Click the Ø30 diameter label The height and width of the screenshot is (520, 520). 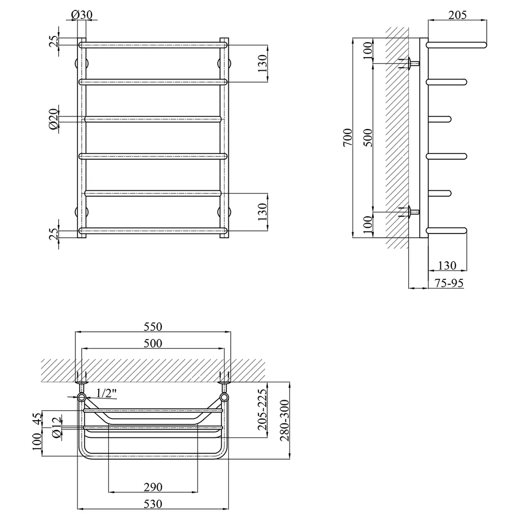[x=82, y=15]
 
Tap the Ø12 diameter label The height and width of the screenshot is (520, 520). [x=56, y=428]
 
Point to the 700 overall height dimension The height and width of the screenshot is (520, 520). [x=347, y=138]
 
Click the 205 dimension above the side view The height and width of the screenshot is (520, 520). [x=457, y=15]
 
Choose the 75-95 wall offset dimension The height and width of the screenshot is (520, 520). [x=449, y=283]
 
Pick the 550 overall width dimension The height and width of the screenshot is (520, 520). [x=153, y=327]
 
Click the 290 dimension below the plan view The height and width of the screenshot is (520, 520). [x=153, y=487]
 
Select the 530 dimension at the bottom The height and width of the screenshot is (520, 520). [x=153, y=504]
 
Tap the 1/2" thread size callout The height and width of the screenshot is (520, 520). [x=107, y=393]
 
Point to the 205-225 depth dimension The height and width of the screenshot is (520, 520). [x=262, y=410]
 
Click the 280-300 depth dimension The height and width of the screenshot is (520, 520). [x=284, y=421]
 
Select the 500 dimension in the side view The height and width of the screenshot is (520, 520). [x=368, y=138]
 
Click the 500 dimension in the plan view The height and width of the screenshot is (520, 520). [x=153, y=343]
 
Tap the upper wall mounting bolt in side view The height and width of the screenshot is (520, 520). [x=411, y=63]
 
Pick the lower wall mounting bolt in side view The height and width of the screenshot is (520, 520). [x=411, y=212]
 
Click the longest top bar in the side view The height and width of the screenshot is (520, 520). [x=457, y=45]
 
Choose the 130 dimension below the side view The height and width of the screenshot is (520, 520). [x=447, y=266]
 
